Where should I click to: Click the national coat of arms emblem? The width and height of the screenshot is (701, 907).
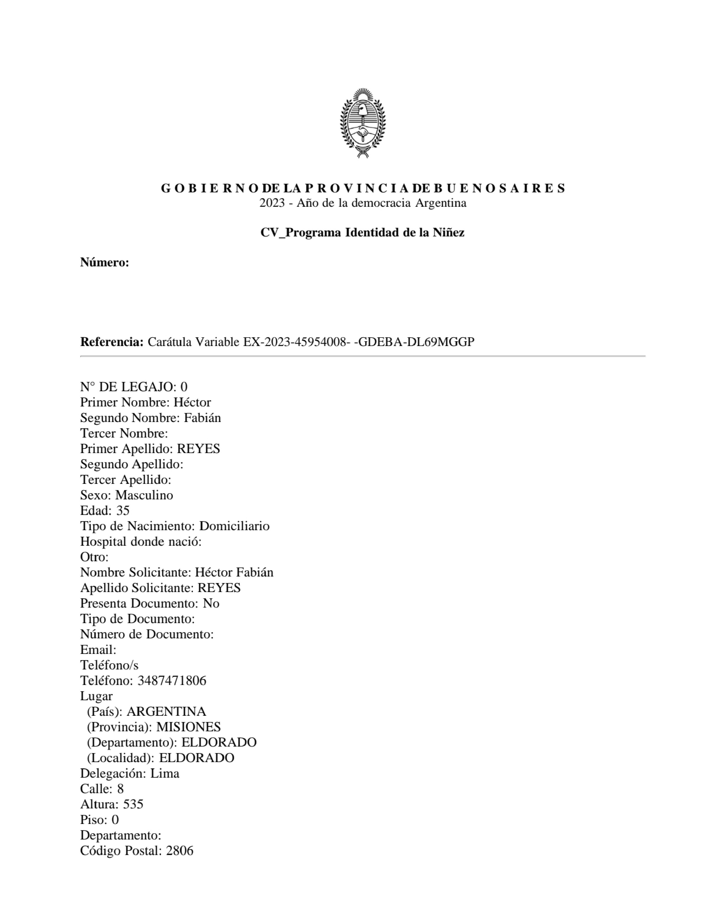tap(363, 123)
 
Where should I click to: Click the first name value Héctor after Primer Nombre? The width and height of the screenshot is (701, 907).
tap(192, 403)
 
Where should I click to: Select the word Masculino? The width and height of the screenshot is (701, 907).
tap(144, 495)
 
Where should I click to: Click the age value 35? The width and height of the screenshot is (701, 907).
tap(123, 510)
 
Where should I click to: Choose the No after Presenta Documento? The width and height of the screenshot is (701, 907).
tap(211, 603)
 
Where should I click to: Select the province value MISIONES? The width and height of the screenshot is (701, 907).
tap(189, 727)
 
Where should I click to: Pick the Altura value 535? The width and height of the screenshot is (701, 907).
tap(133, 804)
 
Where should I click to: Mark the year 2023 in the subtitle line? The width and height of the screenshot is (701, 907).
tap(272, 203)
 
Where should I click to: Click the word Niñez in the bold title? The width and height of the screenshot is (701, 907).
tap(449, 232)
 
